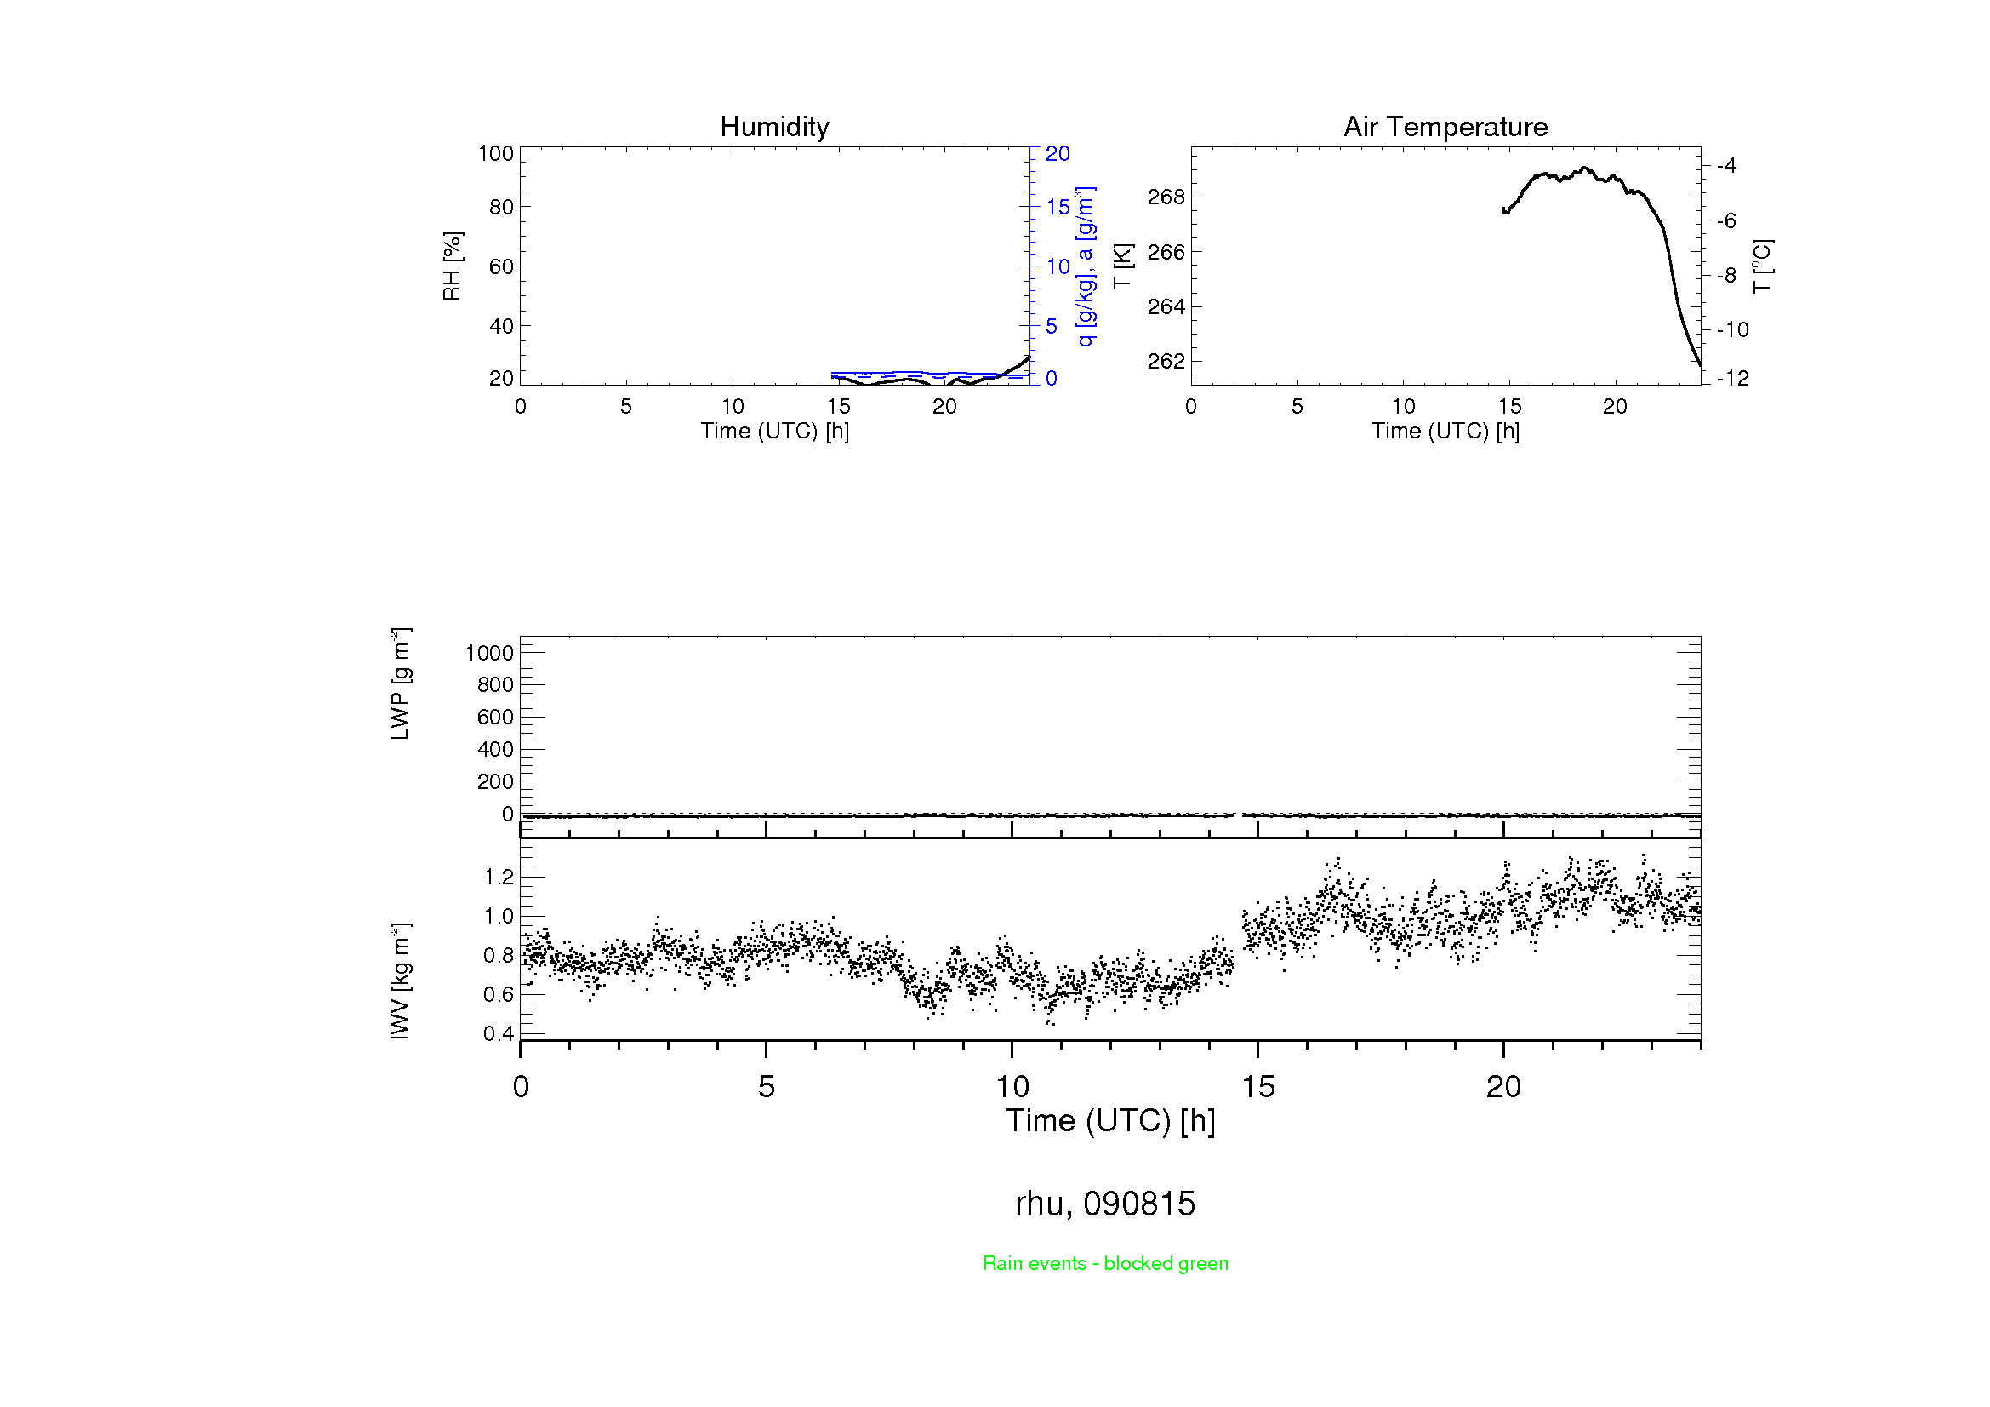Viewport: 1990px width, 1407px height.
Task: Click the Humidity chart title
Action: click(x=774, y=127)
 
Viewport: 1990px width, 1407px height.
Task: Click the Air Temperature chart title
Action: click(x=1445, y=127)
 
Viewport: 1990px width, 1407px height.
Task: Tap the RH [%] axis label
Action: click(x=452, y=266)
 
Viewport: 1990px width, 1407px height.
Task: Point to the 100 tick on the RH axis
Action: click(x=496, y=153)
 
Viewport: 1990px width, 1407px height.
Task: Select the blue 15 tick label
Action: click(x=1058, y=207)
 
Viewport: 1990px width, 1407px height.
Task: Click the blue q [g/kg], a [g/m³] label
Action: click(x=1085, y=266)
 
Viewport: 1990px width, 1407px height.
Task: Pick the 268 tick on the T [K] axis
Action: click(x=1166, y=197)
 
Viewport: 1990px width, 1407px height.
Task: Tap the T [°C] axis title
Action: click(x=1762, y=266)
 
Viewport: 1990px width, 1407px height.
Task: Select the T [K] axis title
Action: click(x=1122, y=266)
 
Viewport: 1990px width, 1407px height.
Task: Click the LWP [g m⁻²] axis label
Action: click(x=400, y=684)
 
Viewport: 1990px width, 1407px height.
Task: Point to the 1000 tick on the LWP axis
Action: click(x=490, y=653)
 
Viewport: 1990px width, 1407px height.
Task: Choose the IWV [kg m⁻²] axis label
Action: click(x=400, y=981)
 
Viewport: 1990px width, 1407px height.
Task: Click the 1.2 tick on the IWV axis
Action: click(x=499, y=877)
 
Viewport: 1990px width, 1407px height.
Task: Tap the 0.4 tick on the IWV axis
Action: click(x=499, y=1033)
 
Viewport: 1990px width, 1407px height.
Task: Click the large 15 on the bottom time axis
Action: click(x=1257, y=1087)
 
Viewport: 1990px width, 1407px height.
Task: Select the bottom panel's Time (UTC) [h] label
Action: click(x=1110, y=1121)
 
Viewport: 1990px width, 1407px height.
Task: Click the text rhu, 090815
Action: click(x=1105, y=1204)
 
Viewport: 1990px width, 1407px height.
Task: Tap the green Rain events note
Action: click(x=1105, y=1263)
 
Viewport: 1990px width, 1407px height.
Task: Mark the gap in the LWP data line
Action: click(x=1239, y=815)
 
